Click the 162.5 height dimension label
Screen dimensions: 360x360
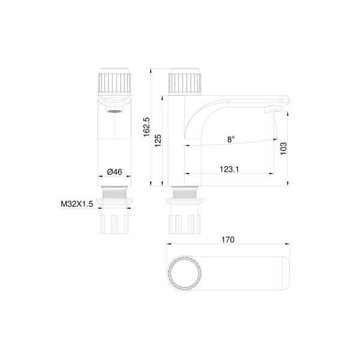tap(146, 127)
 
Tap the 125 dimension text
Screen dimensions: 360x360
tap(158, 141)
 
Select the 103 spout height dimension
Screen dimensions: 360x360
tap(284, 149)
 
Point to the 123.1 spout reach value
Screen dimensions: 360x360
tap(229, 169)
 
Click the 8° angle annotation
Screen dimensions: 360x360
tap(231, 139)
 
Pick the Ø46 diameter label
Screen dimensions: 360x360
tap(115, 172)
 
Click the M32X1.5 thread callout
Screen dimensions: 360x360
tap(77, 203)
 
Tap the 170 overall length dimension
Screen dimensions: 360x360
tap(228, 239)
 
